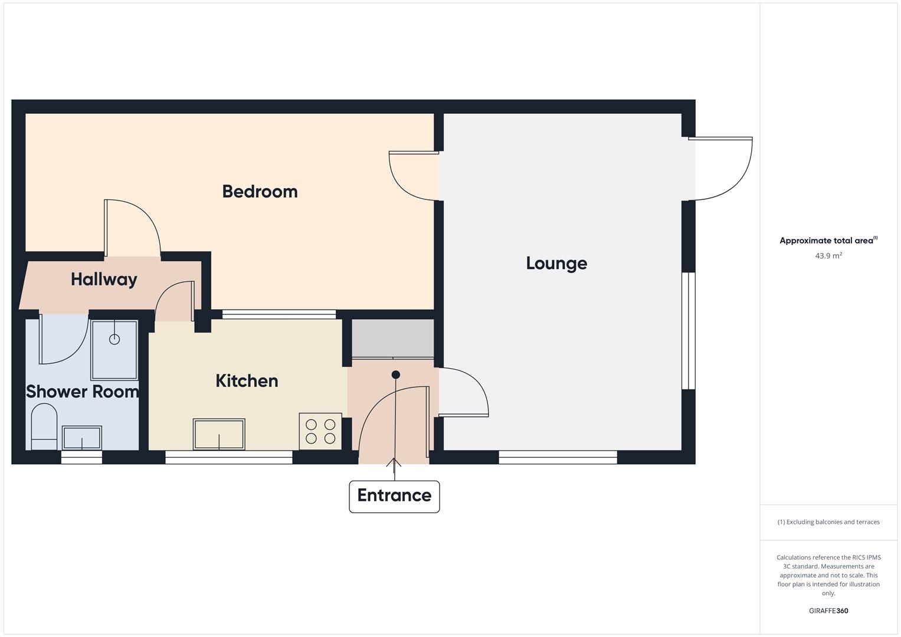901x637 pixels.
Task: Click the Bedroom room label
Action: click(260, 191)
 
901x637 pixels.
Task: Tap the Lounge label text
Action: click(556, 263)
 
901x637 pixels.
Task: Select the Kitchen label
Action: click(247, 380)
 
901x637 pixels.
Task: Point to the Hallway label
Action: click(104, 279)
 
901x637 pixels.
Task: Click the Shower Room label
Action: click(82, 392)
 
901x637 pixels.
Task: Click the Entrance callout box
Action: click(394, 496)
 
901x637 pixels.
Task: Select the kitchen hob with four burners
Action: click(320, 431)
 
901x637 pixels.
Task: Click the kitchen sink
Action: click(219, 434)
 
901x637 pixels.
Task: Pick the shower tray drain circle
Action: click(114, 339)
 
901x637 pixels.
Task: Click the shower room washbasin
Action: click(82, 438)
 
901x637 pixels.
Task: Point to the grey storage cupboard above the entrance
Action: click(393, 338)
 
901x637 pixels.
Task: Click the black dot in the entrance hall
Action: click(396, 375)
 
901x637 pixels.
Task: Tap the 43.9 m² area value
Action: click(828, 256)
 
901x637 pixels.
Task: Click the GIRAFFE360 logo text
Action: click(828, 611)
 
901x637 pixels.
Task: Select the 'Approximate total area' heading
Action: click(827, 241)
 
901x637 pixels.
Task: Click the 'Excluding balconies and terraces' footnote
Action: click(828, 522)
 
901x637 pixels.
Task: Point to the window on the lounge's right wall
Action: click(689, 330)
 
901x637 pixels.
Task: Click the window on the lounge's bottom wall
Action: click(558, 457)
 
